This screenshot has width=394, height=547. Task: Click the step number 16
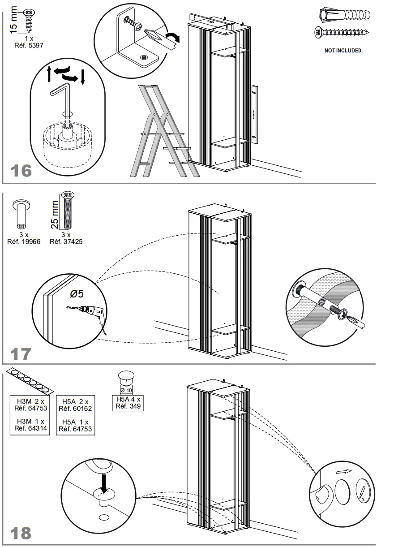click(x=21, y=171)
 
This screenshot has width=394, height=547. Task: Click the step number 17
click(x=21, y=354)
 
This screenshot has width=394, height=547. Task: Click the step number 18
click(x=21, y=533)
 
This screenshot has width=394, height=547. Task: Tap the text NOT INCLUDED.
click(x=343, y=51)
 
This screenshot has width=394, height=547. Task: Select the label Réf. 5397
click(x=29, y=45)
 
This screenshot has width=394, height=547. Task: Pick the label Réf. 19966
click(x=24, y=241)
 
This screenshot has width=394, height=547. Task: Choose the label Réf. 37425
click(x=66, y=241)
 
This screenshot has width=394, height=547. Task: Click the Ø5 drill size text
click(x=77, y=294)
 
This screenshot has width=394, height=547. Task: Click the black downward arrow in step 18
click(x=104, y=482)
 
